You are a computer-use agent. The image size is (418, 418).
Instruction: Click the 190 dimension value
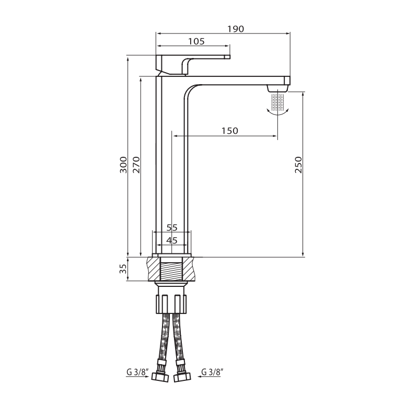(x=236, y=29)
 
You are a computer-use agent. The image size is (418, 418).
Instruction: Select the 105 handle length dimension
(x=196, y=41)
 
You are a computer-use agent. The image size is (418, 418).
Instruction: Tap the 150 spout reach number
(x=230, y=131)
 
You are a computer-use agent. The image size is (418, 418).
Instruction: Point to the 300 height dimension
(x=123, y=165)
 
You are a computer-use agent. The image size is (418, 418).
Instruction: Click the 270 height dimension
(x=136, y=165)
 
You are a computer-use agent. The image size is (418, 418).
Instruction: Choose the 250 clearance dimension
(x=298, y=165)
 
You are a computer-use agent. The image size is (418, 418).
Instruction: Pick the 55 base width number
(x=172, y=228)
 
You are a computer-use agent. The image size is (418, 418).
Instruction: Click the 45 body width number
(x=172, y=240)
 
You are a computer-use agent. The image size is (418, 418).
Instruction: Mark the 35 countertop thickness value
(x=123, y=269)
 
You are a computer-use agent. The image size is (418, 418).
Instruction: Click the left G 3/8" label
(x=137, y=372)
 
